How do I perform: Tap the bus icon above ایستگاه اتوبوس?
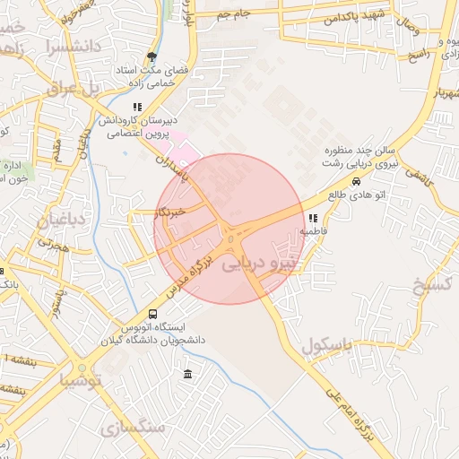pyautogui.click(x=152, y=315)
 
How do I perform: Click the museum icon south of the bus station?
pyautogui.click(x=186, y=373)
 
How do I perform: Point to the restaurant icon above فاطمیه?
pyautogui.click(x=312, y=218)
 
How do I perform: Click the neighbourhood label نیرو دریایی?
pyautogui.click(x=262, y=265)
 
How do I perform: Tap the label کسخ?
pyautogui.click(x=431, y=286)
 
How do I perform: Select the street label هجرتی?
pyautogui.click(x=50, y=243)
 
